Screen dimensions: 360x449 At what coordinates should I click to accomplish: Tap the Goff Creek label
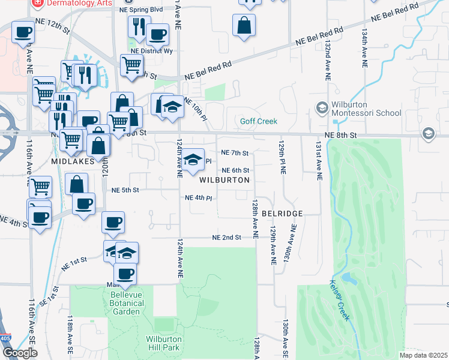tap(259, 121)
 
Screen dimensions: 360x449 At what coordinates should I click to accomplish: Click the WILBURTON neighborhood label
tap(224, 180)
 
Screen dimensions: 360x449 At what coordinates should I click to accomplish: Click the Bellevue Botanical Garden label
tap(127, 299)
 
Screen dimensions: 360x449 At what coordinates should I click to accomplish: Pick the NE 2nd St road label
tap(226, 238)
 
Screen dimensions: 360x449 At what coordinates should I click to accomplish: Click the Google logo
tap(20, 353)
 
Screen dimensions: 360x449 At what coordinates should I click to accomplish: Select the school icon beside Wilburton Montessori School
tap(322, 107)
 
